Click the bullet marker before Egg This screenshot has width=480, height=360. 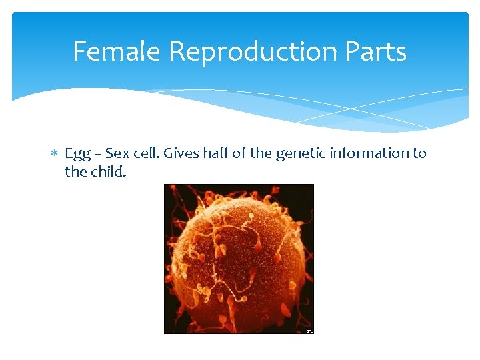coord(55,154)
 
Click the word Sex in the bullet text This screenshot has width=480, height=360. coord(117,153)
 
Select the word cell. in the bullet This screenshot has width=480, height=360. coord(146,153)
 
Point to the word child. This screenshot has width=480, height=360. coord(108,171)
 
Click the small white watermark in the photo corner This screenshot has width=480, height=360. coord(309,331)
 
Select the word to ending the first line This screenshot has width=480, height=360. coord(419,153)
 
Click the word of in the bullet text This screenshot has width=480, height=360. coord(238,153)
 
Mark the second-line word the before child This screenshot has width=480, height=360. coord(75,171)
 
